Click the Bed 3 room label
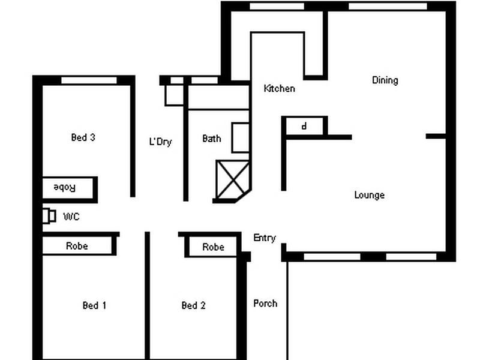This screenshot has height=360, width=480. tap(83, 137)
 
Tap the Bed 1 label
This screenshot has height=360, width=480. tap(94, 305)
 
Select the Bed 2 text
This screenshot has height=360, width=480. tap(193, 305)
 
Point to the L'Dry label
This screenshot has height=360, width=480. tap(160, 142)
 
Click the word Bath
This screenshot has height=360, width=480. tap(211, 139)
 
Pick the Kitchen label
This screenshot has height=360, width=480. tap(280, 89)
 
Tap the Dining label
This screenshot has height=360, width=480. tap(385, 80)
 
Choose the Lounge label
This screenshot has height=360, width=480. tap(369, 195)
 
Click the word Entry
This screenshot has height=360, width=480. tap(265, 238)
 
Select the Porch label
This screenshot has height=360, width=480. tap(265, 303)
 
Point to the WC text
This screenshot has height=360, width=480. tap(71, 217)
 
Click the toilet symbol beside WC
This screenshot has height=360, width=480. tap(49, 215)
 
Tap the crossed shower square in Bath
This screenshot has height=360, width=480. tap(232, 179)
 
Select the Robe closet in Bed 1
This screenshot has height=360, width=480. tap(77, 245)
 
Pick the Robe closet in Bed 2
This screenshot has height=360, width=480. tap(213, 247)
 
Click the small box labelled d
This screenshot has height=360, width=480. tap(305, 127)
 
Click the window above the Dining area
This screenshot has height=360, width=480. tap(387, 6)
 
